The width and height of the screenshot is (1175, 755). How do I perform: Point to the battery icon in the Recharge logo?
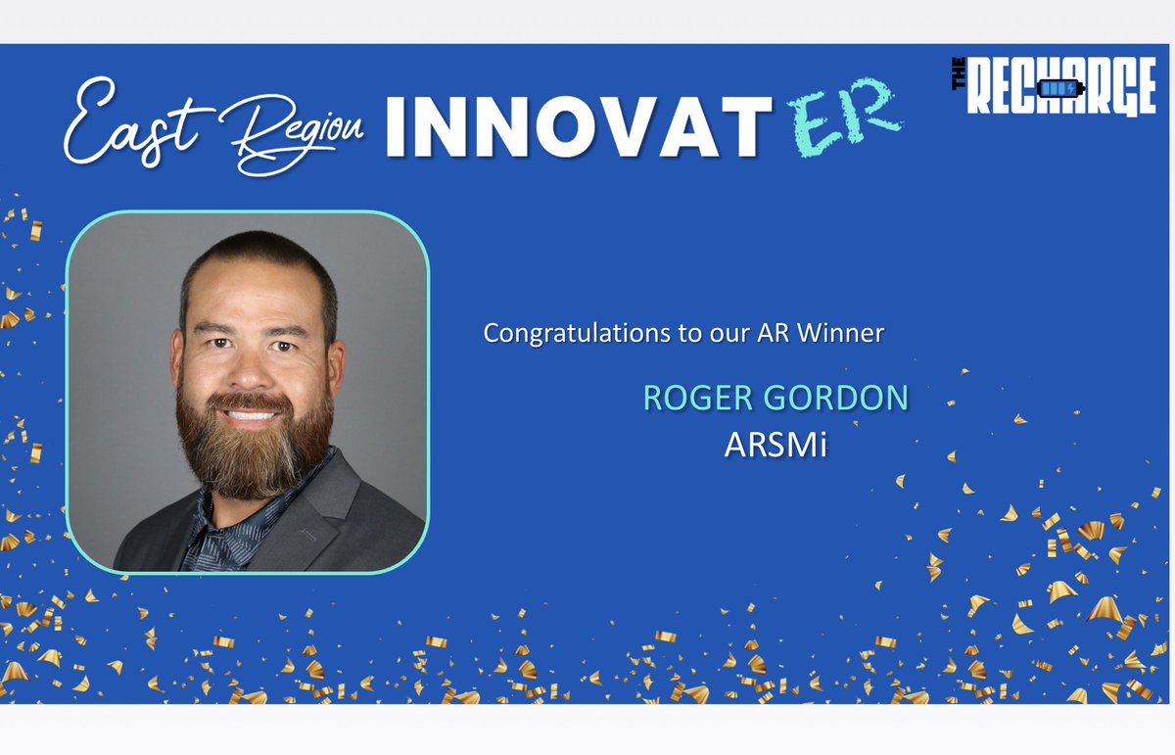1059,89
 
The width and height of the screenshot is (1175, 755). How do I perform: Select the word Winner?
842,333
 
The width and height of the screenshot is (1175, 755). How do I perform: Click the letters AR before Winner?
777,333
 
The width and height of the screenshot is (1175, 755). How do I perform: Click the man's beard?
253,450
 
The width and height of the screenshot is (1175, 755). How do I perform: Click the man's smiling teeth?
252,414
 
